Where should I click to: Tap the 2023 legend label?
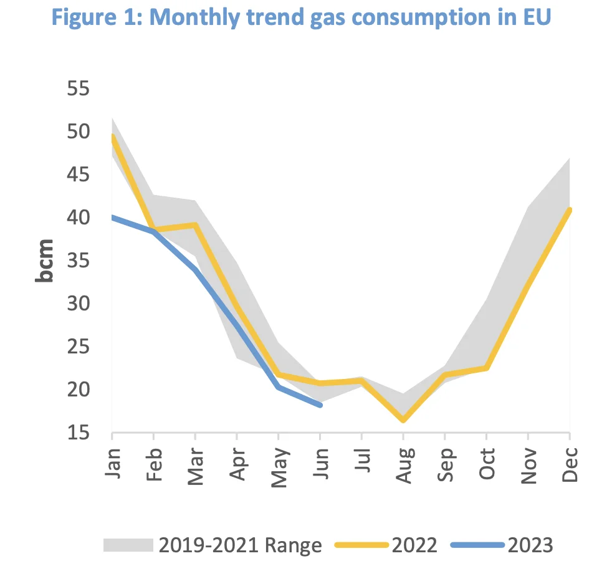point(530,545)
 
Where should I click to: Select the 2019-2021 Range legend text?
point(240,545)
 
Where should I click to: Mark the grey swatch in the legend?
point(128,545)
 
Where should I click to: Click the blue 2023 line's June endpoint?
point(320,405)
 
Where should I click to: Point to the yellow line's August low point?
point(403,421)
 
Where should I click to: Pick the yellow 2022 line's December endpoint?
point(569,210)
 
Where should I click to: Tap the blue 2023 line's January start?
point(113,217)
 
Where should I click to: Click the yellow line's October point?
point(487,368)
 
